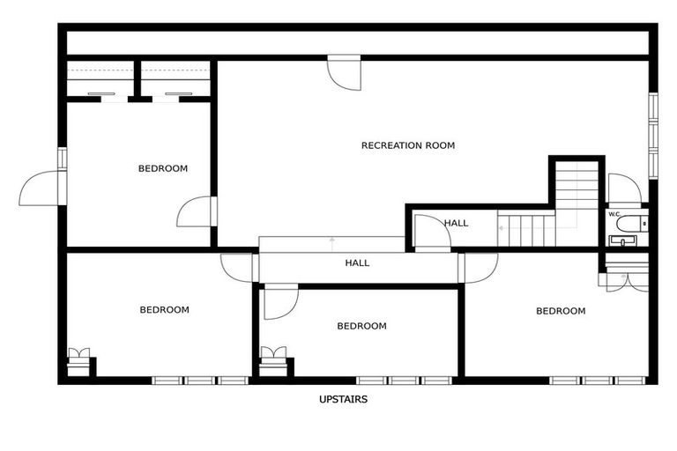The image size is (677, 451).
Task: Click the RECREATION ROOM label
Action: tap(408, 145)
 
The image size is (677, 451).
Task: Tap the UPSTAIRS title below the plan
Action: tap(343, 399)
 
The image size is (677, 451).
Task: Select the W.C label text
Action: tap(614, 214)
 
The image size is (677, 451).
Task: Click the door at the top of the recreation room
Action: tap(345, 72)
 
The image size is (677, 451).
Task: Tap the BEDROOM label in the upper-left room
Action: tap(163, 168)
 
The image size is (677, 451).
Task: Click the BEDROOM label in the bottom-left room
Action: tap(165, 309)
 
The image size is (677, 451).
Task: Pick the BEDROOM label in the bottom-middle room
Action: tap(361, 326)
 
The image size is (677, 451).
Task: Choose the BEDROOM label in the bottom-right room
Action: tap(561, 310)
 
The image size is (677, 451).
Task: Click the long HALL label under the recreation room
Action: tap(357, 262)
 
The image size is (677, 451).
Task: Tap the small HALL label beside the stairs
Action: tap(457, 223)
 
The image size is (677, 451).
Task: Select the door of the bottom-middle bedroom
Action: tap(280, 301)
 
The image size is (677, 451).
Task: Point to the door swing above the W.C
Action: tap(624, 189)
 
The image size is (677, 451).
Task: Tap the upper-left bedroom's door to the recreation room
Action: tap(196, 211)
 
